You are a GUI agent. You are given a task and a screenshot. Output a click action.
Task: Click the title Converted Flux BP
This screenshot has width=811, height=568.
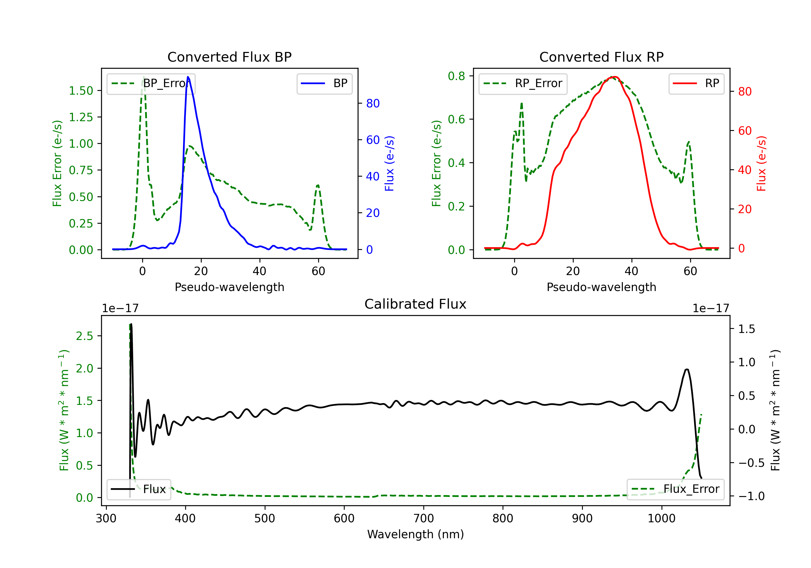point(229,57)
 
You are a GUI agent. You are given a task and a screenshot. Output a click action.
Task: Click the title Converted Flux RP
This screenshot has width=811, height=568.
point(601,57)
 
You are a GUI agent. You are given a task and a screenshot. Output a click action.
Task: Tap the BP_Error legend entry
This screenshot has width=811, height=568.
point(151,83)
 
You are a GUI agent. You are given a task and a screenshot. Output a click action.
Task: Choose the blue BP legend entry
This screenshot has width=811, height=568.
point(324,83)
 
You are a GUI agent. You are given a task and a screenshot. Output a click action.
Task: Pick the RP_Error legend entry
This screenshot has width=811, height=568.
point(523,83)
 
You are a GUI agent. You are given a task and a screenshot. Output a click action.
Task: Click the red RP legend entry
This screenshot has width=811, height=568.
point(696,83)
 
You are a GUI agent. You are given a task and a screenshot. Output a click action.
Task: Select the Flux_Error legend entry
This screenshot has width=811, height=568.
point(675,489)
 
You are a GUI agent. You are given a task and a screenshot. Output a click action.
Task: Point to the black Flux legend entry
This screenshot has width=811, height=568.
point(139,489)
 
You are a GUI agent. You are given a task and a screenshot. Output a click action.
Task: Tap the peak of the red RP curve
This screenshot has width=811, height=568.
point(614,77)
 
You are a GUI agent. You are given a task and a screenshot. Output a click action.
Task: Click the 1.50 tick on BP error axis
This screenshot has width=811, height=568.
point(81,91)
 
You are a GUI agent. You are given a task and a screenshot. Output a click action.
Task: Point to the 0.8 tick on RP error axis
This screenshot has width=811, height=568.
point(456,76)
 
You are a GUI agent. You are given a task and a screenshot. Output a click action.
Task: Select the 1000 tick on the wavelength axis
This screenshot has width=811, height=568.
point(661,519)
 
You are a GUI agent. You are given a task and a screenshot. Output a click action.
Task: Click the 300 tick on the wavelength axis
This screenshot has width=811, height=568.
point(106,519)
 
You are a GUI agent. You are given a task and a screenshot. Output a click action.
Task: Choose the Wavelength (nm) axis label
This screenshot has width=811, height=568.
point(416,534)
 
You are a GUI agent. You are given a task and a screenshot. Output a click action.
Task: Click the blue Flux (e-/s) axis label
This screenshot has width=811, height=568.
point(389,163)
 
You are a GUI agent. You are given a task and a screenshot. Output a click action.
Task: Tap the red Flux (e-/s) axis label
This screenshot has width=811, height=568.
point(761,163)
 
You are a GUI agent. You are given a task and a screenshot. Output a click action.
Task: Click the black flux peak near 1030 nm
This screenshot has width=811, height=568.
point(687,369)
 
